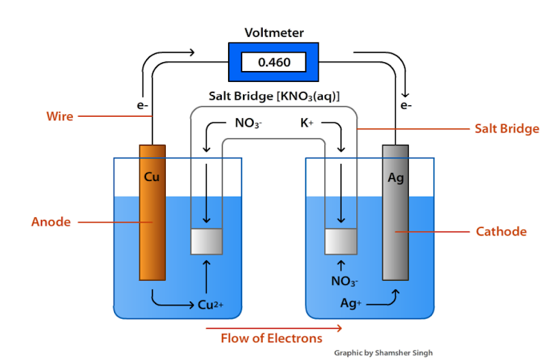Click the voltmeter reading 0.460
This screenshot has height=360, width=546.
point(274,63)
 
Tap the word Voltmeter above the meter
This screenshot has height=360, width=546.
point(274,33)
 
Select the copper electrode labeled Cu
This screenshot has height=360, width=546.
point(152,212)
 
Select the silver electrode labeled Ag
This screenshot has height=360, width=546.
point(395,212)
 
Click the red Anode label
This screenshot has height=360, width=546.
point(51,222)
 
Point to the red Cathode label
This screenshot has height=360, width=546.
point(501,232)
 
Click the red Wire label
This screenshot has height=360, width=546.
point(59,116)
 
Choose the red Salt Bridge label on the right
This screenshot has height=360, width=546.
point(506,128)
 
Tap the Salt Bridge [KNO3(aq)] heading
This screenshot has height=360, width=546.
point(274,96)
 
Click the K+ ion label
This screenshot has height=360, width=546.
point(307,124)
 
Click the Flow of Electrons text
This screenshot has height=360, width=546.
point(271,337)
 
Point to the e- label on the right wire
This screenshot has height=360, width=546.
point(406,106)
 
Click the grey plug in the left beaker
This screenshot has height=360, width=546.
point(207,240)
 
